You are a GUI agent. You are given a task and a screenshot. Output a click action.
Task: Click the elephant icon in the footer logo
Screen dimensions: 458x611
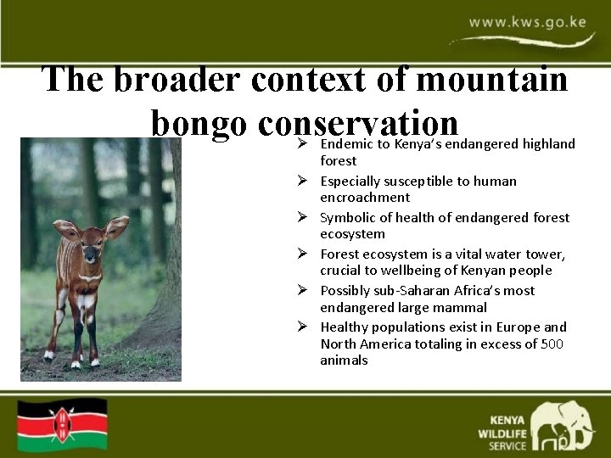563,425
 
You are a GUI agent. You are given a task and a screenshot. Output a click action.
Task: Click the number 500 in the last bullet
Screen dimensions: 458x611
552,343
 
